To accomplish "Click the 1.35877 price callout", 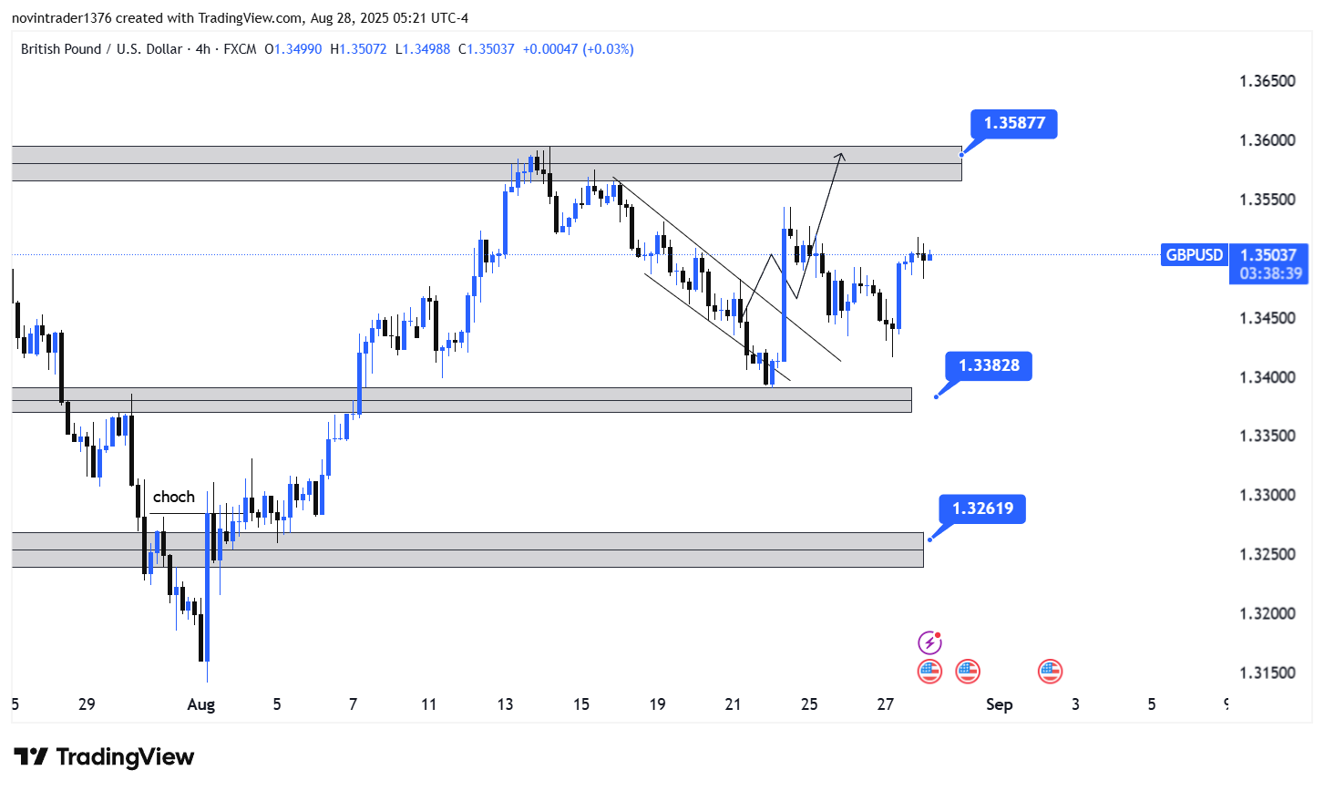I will [x=1014, y=123].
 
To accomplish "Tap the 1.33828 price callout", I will [x=989, y=365].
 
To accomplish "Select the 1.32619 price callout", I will [x=982, y=508].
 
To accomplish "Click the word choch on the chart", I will [x=174, y=497].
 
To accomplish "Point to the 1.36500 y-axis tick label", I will [x=1267, y=81].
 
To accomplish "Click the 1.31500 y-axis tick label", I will [x=1267, y=673].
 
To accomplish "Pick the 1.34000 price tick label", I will [x=1267, y=377].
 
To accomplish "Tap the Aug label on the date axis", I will [x=200, y=704].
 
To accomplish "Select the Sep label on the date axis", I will [x=999, y=704].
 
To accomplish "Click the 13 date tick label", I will [x=505, y=704].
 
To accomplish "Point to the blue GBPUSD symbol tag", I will [x=1195, y=255].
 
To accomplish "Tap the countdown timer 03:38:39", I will [x=1270, y=273].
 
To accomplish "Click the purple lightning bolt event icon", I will [x=929, y=643].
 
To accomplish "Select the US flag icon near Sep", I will [x=1051, y=672].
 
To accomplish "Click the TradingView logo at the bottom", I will [x=105, y=757].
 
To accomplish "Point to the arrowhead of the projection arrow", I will [x=841, y=154].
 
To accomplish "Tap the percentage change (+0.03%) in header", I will [x=608, y=49].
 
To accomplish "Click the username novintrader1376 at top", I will [x=61, y=18].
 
